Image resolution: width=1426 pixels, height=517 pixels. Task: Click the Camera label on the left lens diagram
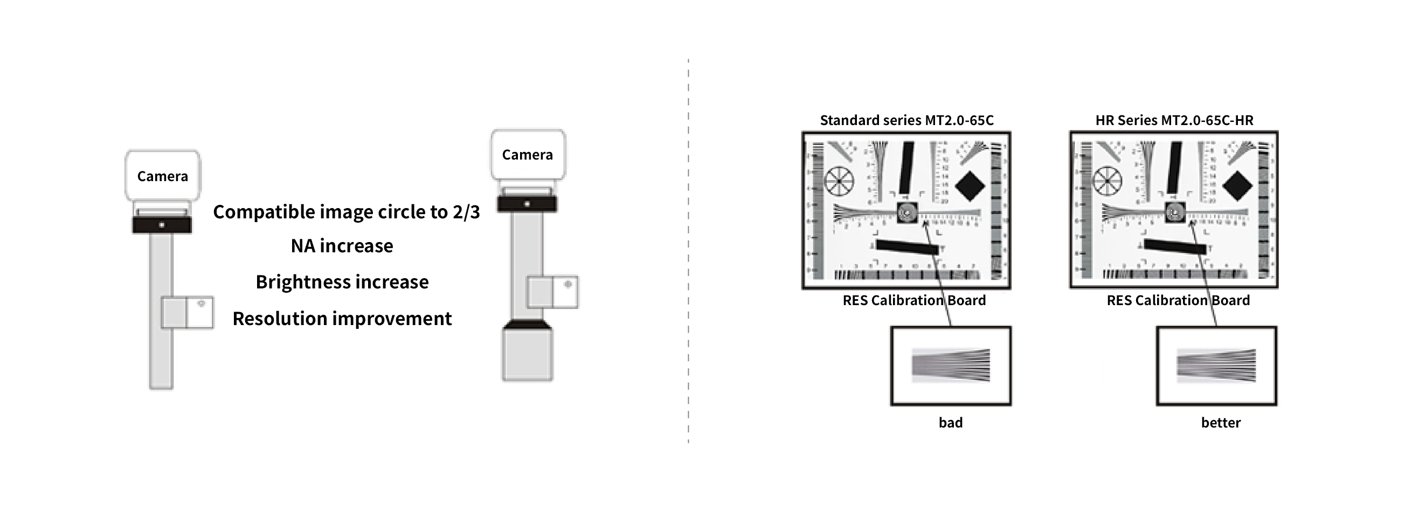[162, 176]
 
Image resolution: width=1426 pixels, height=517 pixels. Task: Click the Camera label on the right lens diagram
[527, 154]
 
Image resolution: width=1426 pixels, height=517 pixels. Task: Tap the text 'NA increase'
[342, 246]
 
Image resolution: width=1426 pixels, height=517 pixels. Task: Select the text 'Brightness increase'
[342, 282]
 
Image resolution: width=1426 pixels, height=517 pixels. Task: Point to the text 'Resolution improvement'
[342, 319]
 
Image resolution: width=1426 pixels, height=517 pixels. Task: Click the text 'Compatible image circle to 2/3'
[346, 212]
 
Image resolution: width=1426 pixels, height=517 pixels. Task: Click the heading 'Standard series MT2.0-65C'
[906, 120]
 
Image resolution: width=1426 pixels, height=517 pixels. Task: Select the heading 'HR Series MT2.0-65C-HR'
[1174, 120]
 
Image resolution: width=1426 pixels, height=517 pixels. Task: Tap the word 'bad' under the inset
[951, 423]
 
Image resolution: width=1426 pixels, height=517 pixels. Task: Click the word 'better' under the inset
[1220, 423]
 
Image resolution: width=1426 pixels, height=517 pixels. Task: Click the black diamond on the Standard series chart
[970, 186]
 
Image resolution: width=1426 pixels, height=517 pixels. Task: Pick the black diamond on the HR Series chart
[1237, 186]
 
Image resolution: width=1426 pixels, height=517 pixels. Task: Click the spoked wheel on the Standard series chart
[839, 181]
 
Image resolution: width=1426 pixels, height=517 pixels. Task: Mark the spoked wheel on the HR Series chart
[1106, 181]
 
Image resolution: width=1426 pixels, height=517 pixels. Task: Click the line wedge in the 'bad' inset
[951, 366]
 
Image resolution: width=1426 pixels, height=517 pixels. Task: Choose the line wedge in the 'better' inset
[1216, 366]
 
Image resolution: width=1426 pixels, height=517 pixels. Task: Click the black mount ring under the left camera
[162, 225]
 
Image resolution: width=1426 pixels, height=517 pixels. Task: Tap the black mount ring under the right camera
[527, 204]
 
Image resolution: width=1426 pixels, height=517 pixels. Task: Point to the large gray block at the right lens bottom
[527, 354]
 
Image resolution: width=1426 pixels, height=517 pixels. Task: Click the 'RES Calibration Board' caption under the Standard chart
[914, 301]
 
